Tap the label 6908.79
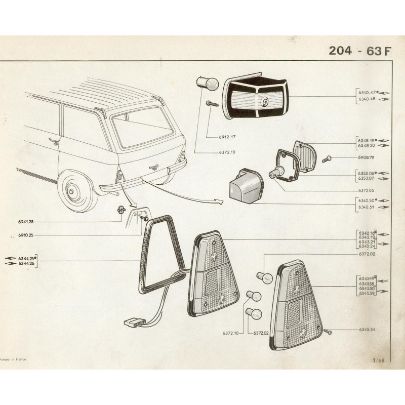(366, 158)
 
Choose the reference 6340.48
(366, 99)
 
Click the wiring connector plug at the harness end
(133, 321)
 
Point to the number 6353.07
(366, 178)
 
